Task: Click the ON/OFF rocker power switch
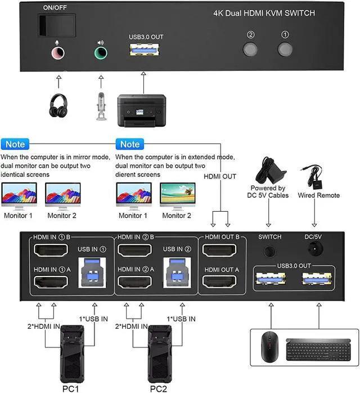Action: (x=55, y=25)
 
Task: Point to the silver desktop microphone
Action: (x=101, y=105)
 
